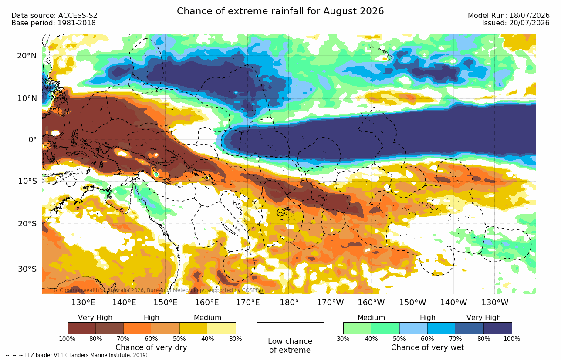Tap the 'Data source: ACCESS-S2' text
point(54,16)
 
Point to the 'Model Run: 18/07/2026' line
point(508,16)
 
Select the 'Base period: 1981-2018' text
point(53,23)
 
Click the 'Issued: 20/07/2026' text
point(516,23)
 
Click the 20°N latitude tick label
point(27,56)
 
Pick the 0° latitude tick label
point(32,140)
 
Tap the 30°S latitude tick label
point(27,269)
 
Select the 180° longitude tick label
point(289,303)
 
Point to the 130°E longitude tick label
point(83,303)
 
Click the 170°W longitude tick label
point(330,303)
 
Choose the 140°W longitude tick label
point(453,303)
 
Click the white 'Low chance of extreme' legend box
point(290,328)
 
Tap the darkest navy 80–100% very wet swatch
point(498,328)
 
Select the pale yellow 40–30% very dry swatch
point(222,328)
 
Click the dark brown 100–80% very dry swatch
point(81,328)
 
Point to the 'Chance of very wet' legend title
point(428,347)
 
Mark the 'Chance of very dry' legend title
point(151,347)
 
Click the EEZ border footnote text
point(78,355)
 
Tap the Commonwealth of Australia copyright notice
point(159,290)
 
